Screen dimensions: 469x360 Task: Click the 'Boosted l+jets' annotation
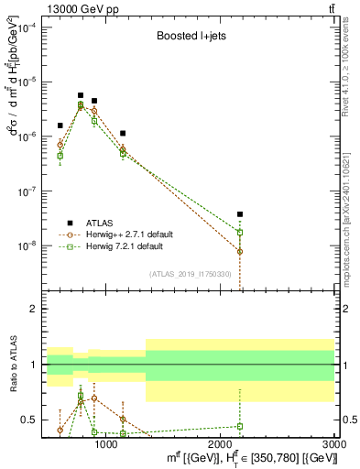188,38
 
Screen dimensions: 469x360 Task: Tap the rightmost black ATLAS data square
240,214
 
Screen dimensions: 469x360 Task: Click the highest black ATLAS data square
81,95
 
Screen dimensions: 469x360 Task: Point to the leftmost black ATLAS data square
60,125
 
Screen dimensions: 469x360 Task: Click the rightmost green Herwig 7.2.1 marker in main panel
240,233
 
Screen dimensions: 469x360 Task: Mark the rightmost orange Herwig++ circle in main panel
240,251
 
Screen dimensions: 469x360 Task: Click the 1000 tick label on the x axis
106,445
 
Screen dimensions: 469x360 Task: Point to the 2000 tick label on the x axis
221,445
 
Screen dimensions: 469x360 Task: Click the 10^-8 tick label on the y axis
27,245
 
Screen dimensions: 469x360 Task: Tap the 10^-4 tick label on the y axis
27,27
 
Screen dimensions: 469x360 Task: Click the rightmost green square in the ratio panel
240,426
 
